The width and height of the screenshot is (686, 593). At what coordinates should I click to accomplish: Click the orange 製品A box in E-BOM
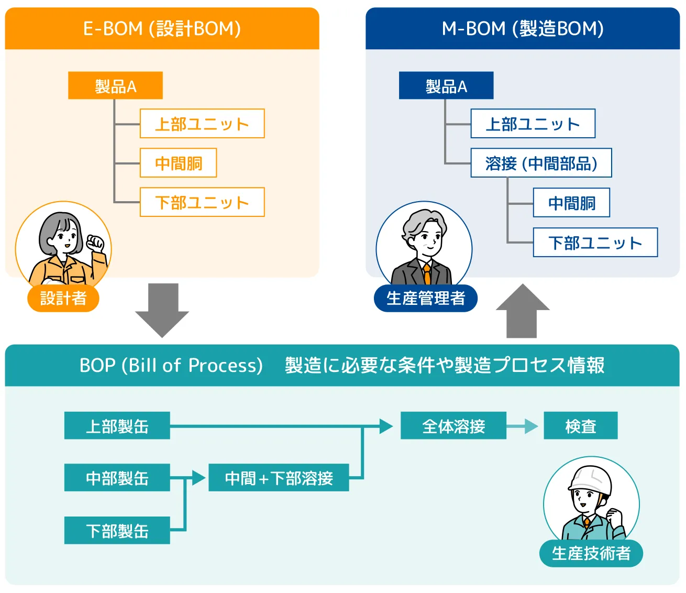pyautogui.click(x=115, y=85)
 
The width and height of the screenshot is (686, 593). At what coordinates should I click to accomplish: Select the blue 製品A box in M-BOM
pyautogui.click(x=446, y=85)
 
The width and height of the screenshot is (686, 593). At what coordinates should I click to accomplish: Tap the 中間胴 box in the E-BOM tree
pyautogui.click(x=178, y=163)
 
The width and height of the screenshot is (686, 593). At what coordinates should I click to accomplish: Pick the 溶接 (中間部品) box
pyautogui.click(x=541, y=163)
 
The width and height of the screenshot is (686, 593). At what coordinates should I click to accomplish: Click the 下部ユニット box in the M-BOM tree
pyautogui.click(x=595, y=243)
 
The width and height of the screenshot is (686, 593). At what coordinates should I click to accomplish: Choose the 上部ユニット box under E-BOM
pyautogui.click(x=202, y=124)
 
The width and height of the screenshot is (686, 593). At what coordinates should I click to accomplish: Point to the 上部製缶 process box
pyautogui.click(x=117, y=425)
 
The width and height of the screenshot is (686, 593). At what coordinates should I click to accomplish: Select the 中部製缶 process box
pyautogui.click(x=117, y=477)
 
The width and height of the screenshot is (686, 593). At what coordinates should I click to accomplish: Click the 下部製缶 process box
pyautogui.click(x=117, y=530)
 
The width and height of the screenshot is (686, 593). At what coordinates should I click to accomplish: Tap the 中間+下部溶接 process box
pyautogui.click(x=279, y=477)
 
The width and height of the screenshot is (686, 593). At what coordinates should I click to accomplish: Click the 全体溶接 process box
pyautogui.click(x=453, y=425)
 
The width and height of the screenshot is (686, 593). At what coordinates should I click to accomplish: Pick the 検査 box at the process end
pyautogui.click(x=580, y=425)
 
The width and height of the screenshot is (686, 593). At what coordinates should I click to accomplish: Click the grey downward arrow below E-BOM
pyautogui.click(x=162, y=310)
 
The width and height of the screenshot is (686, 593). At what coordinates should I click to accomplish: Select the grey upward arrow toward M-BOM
pyautogui.click(x=522, y=311)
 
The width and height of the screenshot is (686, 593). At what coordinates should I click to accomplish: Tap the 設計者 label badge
pyautogui.click(x=63, y=298)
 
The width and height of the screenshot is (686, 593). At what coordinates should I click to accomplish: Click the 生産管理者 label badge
pyautogui.click(x=425, y=298)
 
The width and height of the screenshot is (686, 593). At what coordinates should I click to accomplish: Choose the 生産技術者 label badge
pyautogui.click(x=591, y=553)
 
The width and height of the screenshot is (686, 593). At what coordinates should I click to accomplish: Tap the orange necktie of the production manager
pyautogui.click(x=427, y=273)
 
